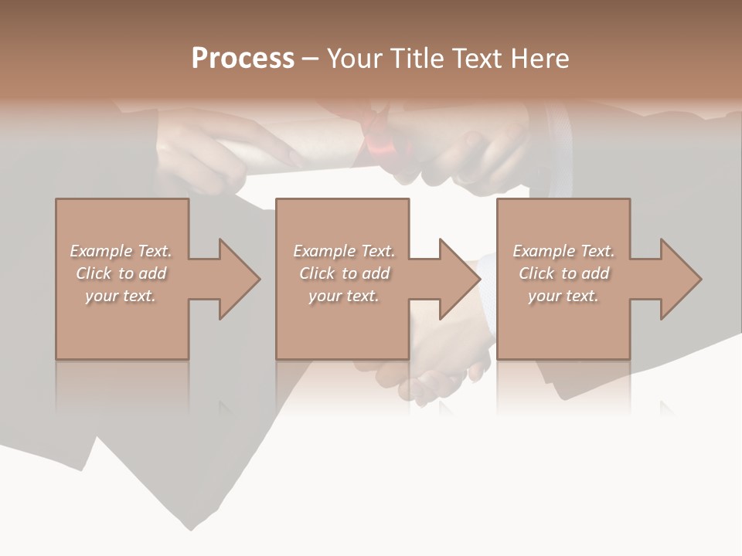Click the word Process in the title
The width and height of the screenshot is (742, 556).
[x=243, y=59]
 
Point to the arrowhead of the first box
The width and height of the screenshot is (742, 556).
[x=240, y=279]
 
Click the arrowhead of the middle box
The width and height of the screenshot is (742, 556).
[x=460, y=279]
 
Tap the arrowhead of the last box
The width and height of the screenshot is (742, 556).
[x=681, y=279]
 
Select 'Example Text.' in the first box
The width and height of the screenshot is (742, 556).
[x=121, y=251]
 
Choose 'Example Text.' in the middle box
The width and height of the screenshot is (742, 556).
[x=344, y=251]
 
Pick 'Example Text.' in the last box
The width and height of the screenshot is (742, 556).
[x=563, y=251]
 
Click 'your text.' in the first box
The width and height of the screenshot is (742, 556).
[x=121, y=296]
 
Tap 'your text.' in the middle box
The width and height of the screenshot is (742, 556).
[x=344, y=296]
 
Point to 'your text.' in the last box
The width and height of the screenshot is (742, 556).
[x=563, y=296]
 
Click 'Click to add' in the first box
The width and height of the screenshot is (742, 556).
[x=121, y=273]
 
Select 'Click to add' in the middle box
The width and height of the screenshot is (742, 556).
[x=344, y=273]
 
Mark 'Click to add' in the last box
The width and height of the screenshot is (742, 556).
[x=563, y=273]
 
